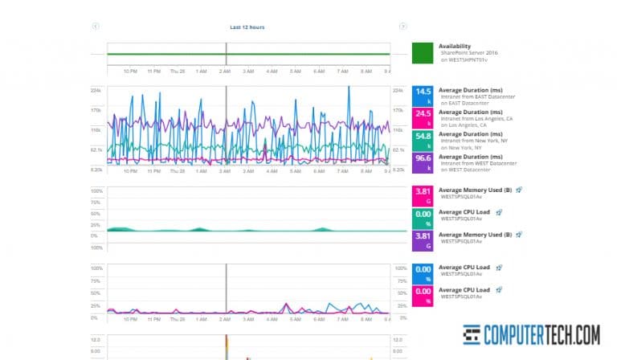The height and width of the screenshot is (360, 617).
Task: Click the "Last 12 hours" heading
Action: point(247,27)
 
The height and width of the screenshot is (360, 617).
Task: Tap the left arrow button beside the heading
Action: point(96,27)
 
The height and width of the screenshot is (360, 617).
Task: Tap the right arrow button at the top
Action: point(402,27)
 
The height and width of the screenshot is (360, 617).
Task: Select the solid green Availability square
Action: point(423,54)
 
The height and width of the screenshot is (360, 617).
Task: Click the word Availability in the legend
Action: point(455,46)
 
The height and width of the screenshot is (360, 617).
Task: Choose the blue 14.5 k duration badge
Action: point(423,96)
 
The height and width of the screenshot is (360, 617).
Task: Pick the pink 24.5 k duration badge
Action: point(423,118)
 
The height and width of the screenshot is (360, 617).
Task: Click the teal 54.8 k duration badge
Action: point(423,141)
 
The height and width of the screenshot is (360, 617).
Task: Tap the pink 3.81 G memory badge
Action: point(423,195)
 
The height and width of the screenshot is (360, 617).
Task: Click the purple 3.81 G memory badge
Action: point(423,239)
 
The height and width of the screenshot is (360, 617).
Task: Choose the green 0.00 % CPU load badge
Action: point(423,218)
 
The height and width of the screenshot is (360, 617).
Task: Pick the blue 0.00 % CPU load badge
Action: point(423,272)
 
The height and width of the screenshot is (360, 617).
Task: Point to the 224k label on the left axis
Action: point(96,90)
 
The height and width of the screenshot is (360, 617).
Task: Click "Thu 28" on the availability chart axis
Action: point(178,71)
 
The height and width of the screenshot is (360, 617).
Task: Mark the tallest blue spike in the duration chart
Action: point(349,88)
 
